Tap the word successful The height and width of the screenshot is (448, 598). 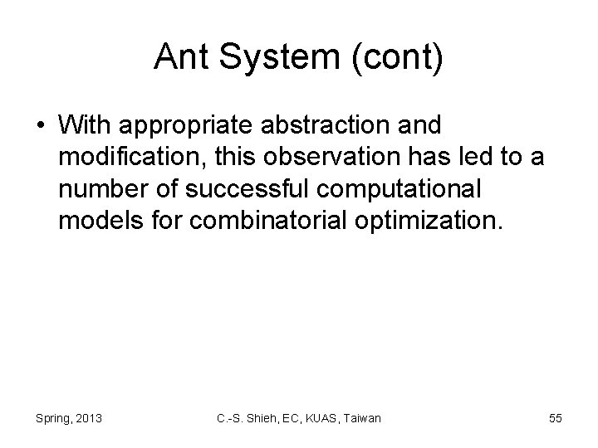(242, 187)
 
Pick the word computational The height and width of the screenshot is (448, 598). (398, 187)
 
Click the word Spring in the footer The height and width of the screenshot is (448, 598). (52, 419)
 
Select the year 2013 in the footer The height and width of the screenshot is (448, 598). (89, 419)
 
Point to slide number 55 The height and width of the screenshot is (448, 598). (555, 419)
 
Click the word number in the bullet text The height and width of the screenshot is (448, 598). (98, 187)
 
